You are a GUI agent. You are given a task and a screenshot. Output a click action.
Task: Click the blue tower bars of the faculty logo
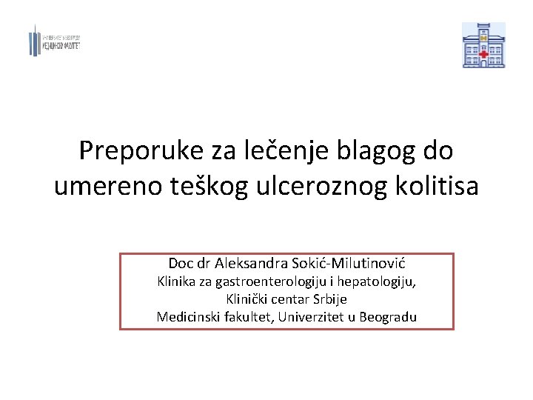tap(34, 41)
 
